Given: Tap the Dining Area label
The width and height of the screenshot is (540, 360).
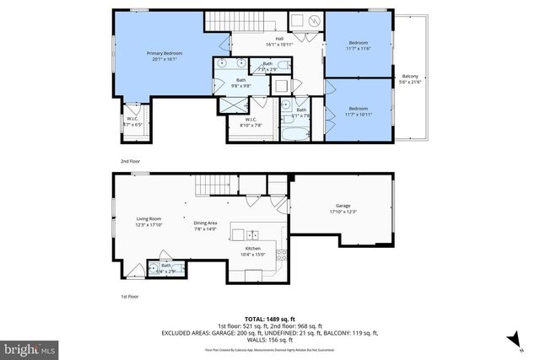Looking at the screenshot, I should [x=206, y=223].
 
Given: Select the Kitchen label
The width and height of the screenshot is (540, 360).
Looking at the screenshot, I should [x=253, y=249].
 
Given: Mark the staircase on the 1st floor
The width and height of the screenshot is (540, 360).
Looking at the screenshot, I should [x=213, y=186].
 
